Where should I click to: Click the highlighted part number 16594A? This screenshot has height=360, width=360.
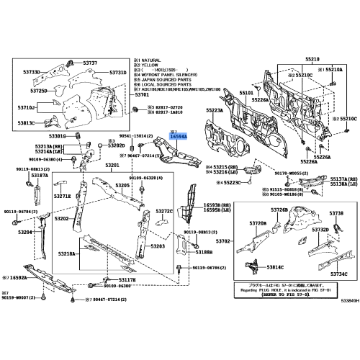[178, 135]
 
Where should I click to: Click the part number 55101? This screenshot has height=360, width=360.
[246, 93]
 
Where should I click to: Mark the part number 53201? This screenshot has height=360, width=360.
[113, 166]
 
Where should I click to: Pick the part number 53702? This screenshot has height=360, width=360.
[223, 241]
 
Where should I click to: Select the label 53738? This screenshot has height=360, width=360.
[336, 214]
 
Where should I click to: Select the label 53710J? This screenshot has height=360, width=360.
[27, 107]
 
